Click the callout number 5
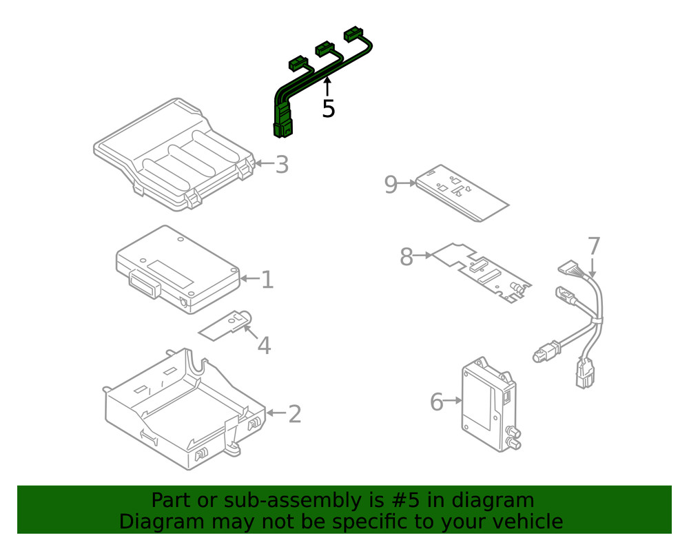click(x=329, y=109)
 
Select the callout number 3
click(x=281, y=165)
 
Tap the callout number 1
click(x=267, y=280)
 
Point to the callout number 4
click(x=264, y=345)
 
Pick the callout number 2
click(x=294, y=414)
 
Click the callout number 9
click(x=391, y=185)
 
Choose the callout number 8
click(x=406, y=257)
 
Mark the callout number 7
click(x=594, y=247)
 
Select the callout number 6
click(x=436, y=402)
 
